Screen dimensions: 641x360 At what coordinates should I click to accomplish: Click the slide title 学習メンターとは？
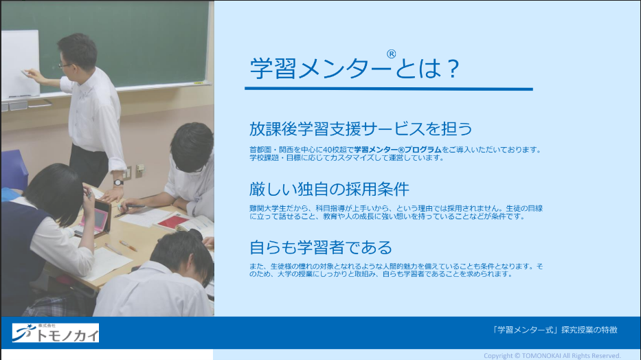pyautogui.click(x=355, y=68)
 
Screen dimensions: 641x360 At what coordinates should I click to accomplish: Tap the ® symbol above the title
pyautogui.click(x=391, y=54)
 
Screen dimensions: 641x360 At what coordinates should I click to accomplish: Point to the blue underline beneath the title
pyautogui.click(x=389, y=89)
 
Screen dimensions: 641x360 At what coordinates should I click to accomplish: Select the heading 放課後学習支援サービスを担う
pyautogui.click(x=361, y=128)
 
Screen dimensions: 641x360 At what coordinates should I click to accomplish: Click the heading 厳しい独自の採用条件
pyautogui.click(x=329, y=189)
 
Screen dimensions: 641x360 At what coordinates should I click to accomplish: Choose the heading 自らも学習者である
pyautogui.click(x=321, y=247)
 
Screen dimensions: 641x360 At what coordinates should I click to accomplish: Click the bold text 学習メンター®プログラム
pyautogui.click(x=398, y=150)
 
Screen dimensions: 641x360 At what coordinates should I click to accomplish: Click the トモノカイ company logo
pyautogui.click(x=56, y=333)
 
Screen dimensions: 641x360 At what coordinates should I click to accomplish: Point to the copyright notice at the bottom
pyautogui.click(x=552, y=356)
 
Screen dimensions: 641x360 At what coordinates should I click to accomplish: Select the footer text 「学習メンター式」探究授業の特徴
pyautogui.click(x=554, y=330)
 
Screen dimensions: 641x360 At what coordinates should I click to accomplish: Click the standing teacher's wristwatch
pyautogui.click(x=118, y=183)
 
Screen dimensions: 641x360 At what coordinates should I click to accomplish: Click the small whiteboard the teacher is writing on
pyautogui.click(x=21, y=64)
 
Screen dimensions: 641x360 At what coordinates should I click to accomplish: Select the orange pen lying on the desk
pyautogui.click(x=128, y=245)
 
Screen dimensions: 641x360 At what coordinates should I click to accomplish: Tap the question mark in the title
pyautogui.click(x=453, y=69)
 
